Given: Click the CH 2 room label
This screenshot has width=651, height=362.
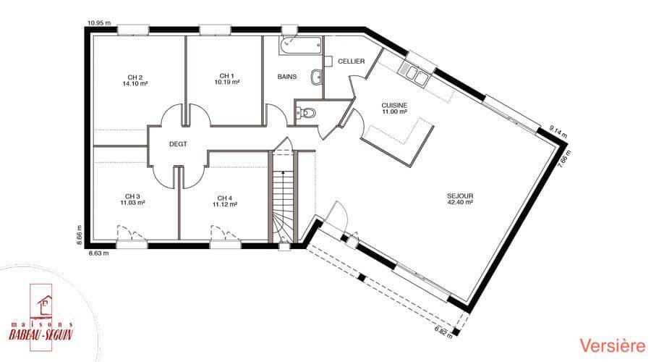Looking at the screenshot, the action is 135,77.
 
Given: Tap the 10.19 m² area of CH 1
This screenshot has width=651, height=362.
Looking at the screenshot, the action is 226,83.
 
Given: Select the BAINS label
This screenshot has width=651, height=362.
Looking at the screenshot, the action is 287,77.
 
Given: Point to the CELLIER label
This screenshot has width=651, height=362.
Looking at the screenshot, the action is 352,61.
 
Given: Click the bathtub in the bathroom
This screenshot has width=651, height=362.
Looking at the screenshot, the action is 301,46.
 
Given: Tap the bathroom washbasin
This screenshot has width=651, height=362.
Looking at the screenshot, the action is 316,77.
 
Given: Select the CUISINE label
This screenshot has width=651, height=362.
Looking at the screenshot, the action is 394,106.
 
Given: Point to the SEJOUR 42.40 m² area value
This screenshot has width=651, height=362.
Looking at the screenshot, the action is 460,203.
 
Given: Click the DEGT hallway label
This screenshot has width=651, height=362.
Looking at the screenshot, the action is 178,144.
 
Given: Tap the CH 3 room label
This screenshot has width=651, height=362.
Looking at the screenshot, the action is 132,196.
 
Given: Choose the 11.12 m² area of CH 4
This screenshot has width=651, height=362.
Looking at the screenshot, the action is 225,204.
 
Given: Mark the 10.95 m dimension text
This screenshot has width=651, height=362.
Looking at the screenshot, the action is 99,23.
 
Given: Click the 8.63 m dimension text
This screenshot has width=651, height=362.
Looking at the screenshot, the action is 99,252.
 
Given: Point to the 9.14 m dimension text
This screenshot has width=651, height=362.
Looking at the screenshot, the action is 558,131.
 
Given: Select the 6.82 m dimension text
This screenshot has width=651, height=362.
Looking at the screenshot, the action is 443,332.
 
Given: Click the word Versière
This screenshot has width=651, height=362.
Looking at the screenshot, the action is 613,346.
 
